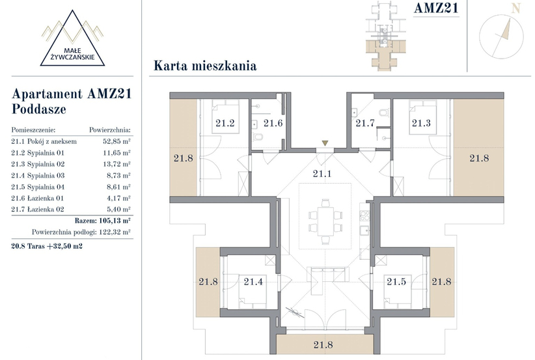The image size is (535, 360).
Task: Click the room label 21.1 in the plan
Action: [322, 174]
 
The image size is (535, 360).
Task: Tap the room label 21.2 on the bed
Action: [225, 123]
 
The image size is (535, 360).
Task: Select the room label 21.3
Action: [421, 123]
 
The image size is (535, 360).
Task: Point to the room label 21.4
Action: [253, 281]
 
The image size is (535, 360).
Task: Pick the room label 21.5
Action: [396, 281]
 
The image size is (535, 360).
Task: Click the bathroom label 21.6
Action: [273, 123]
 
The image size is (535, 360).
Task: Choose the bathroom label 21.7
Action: [365, 123]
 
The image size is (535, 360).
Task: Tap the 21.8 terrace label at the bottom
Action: [323, 344]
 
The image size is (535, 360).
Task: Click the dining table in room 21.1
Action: [325, 221]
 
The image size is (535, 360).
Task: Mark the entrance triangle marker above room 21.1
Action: [325, 143]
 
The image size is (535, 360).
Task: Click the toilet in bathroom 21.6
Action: [258, 137]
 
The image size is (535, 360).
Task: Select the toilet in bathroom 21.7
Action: [383, 113]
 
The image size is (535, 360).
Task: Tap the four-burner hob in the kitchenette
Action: [364, 215]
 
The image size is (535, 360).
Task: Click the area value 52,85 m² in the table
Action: [117, 141]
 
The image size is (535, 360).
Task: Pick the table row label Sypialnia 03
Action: [46, 175]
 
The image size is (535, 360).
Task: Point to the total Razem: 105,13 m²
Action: [102, 221]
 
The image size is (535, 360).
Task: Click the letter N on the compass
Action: [515, 8]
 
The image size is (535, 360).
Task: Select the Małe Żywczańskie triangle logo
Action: [72, 38]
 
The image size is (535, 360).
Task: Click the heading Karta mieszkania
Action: [205, 66]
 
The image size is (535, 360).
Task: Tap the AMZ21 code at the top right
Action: [436, 8]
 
